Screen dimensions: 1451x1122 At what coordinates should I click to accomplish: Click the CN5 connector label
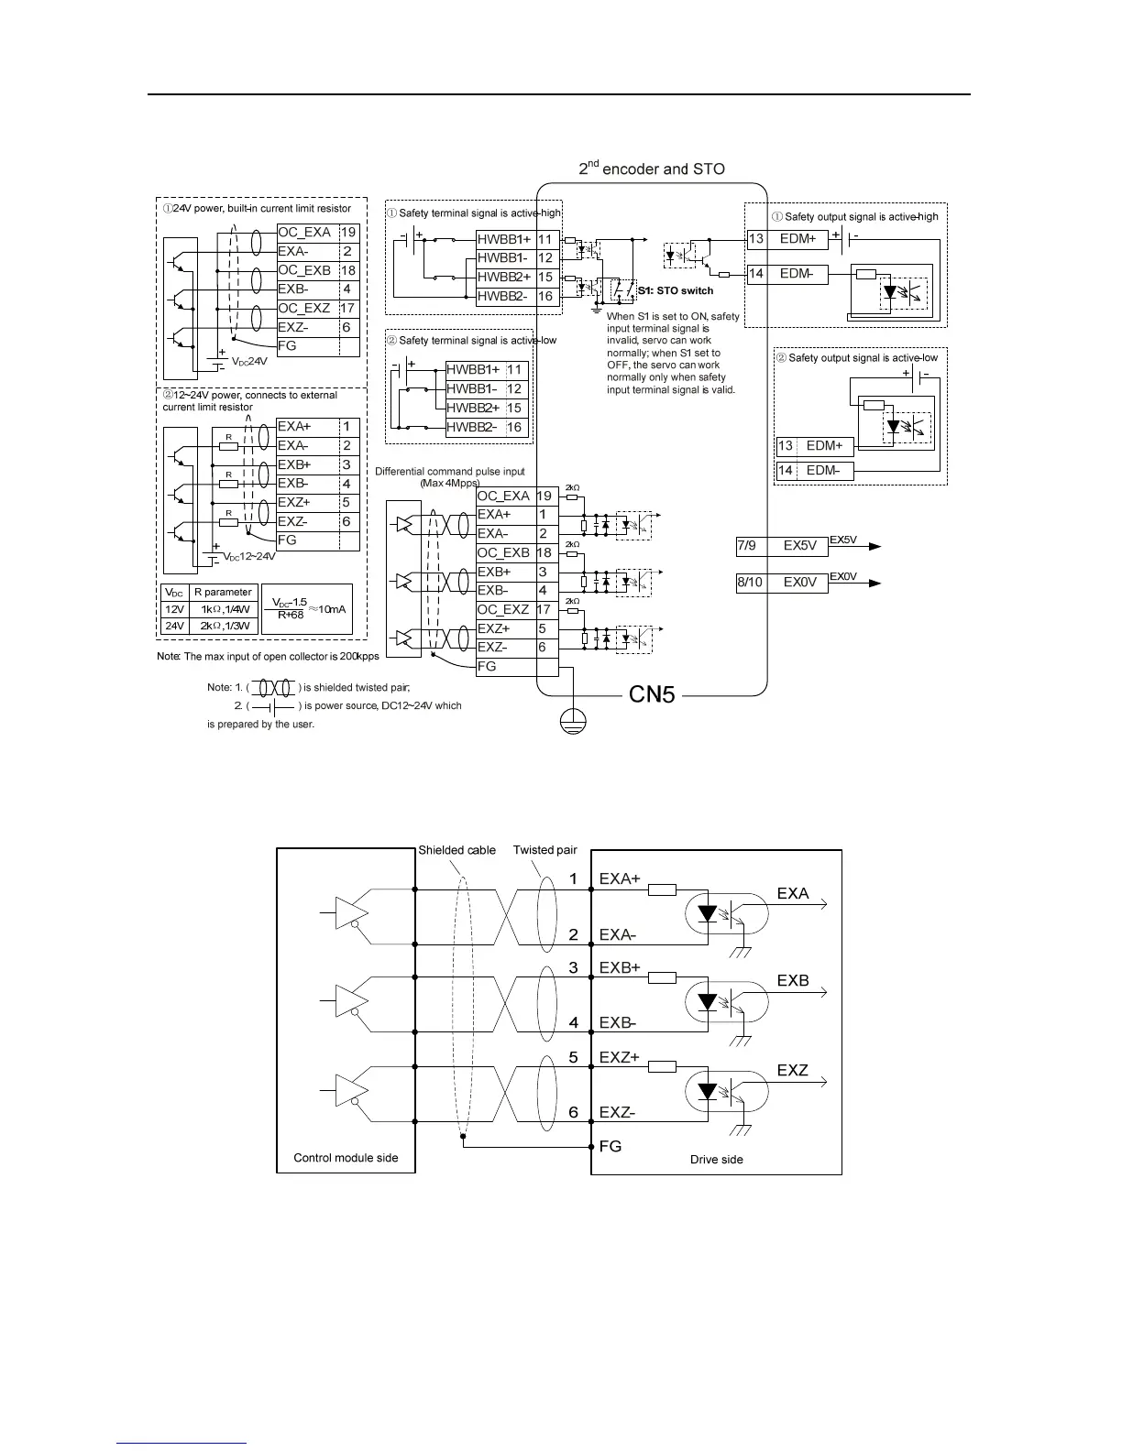click(x=652, y=694)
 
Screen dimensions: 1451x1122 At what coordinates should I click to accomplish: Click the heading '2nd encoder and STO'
click(x=651, y=169)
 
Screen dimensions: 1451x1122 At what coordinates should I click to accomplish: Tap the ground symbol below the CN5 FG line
click(x=573, y=720)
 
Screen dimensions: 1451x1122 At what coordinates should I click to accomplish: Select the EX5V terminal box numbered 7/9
click(x=781, y=545)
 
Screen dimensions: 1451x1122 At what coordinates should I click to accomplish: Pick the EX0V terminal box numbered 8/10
click(x=781, y=582)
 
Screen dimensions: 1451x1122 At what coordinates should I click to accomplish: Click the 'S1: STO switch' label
click(x=676, y=290)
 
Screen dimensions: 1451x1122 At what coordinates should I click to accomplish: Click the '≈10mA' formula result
click(x=328, y=608)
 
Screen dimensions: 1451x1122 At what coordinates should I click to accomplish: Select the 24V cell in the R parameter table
click(x=174, y=626)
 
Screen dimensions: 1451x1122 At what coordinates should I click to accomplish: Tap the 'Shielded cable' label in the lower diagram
click(x=456, y=850)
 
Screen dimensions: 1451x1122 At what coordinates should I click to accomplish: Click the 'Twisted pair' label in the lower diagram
click(x=544, y=850)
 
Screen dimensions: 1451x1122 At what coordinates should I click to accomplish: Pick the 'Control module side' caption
click(x=346, y=1158)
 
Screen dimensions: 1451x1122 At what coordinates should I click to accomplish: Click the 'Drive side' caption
click(x=716, y=1160)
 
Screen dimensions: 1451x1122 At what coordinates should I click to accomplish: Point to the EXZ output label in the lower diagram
click(x=793, y=1070)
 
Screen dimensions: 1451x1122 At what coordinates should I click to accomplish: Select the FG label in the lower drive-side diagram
click(x=610, y=1146)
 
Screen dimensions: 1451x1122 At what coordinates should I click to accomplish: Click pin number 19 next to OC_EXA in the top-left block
click(x=348, y=233)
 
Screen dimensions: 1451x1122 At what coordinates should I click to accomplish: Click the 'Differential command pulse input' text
click(x=449, y=471)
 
